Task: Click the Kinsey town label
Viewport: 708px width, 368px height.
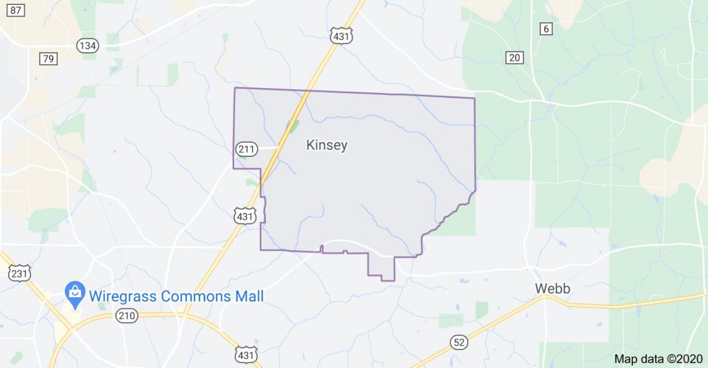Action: tap(327, 146)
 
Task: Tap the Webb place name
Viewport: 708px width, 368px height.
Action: tap(553, 289)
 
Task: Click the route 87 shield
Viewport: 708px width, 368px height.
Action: tap(17, 11)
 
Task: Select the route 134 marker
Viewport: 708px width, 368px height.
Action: tap(87, 45)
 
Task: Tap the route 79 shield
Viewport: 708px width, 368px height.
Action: tap(48, 59)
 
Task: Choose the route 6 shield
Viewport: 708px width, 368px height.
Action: tap(545, 29)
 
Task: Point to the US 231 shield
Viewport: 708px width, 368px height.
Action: tap(19, 272)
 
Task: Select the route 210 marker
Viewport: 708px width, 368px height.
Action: tap(126, 316)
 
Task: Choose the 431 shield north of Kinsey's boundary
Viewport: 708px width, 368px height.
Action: tap(342, 35)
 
